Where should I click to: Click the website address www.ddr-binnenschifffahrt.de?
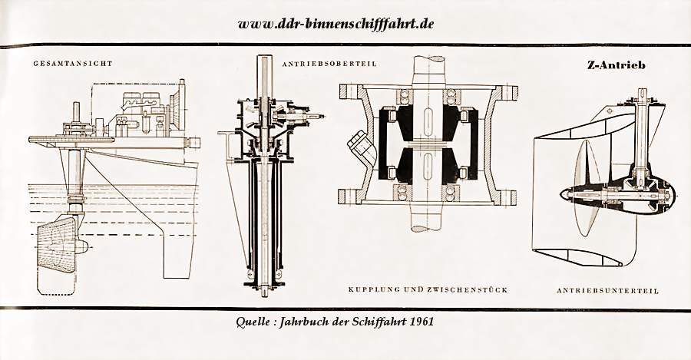click(336, 23)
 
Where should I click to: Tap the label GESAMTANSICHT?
click(73, 64)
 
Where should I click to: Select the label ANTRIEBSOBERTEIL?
click(329, 64)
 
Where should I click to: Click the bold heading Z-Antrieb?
click(616, 65)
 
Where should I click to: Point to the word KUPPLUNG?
click(375, 290)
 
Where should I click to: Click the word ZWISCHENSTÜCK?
click(467, 290)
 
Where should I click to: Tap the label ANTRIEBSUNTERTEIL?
click(608, 291)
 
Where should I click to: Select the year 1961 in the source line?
click(422, 321)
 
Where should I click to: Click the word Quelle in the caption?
click(253, 322)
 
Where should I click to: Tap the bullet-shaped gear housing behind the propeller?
click(618, 195)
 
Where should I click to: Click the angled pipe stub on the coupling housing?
click(359, 145)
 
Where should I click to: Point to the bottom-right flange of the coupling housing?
click(508, 198)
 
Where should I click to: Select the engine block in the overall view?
click(141, 114)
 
